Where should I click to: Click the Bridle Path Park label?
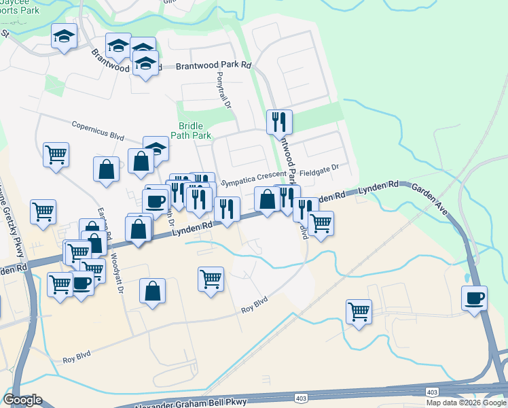pos(195,131)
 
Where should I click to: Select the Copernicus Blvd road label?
pos(98,131)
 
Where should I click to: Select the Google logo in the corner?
pos(22,400)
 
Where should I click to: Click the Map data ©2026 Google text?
pos(466,403)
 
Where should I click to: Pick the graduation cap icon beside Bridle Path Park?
pos(156,148)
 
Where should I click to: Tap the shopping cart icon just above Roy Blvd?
pos(211,278)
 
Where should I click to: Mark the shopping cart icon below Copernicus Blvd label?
pos(56,154)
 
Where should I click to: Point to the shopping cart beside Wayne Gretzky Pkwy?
pos(43,211)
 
